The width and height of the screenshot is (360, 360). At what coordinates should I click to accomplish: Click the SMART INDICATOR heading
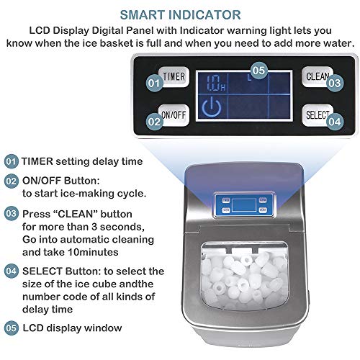point(180,14)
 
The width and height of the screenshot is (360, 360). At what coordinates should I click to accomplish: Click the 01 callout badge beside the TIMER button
point(153,84)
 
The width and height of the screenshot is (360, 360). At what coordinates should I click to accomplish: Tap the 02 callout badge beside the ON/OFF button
point(153,122)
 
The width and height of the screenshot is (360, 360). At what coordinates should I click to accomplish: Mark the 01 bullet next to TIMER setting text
point(11,161)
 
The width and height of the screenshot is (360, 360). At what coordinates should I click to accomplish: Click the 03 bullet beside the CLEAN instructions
point(11,213)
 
